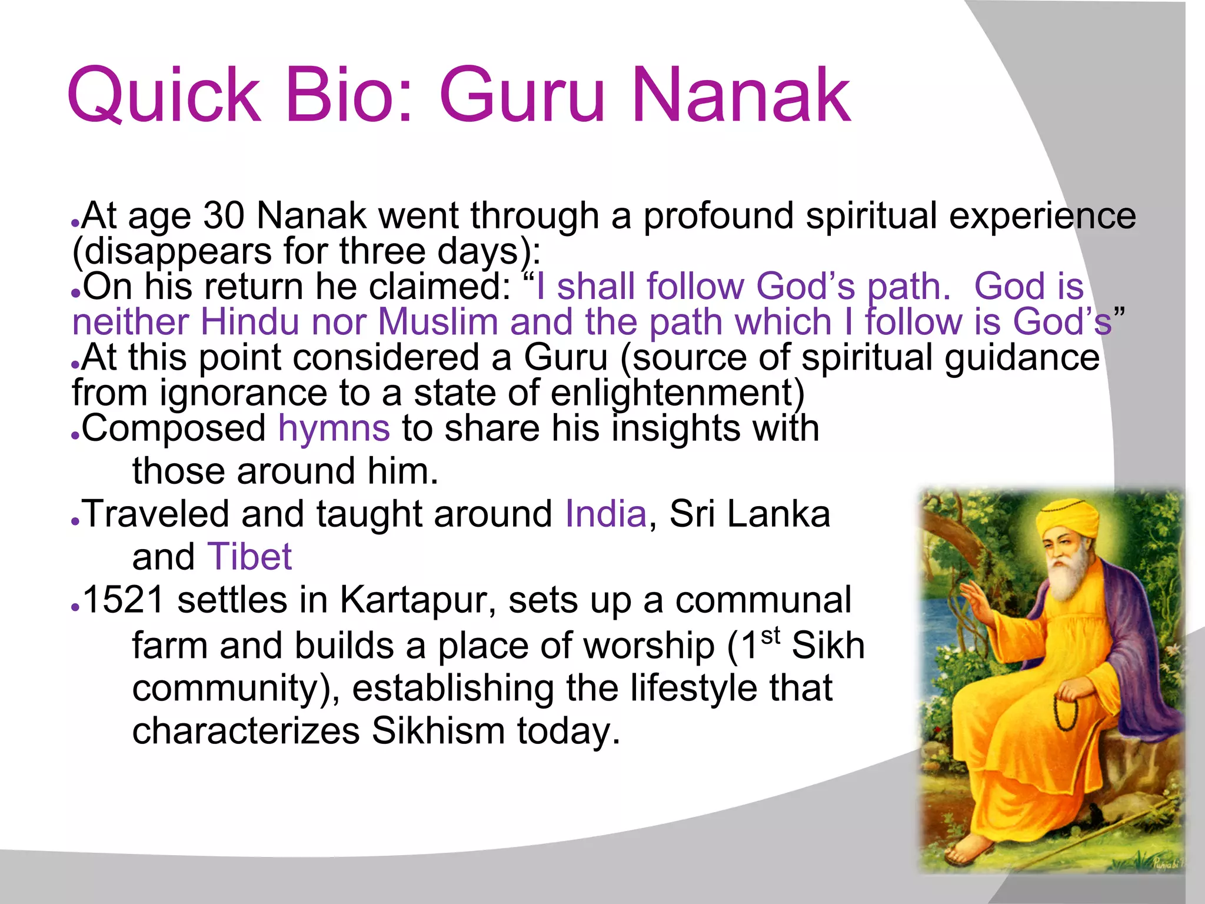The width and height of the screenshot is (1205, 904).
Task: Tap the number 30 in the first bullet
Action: coord(224,215)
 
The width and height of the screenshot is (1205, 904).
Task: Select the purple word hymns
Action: coord(334,428)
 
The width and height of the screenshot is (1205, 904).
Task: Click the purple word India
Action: coord(605,514)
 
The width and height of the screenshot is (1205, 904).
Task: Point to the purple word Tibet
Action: coord(249,557)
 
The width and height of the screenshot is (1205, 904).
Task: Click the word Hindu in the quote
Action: coord(249,323)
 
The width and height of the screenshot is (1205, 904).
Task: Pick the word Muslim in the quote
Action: coord(438,323)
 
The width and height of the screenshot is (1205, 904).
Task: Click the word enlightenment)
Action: coord(677,393)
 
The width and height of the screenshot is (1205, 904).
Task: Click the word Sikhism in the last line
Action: coord(438,731)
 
